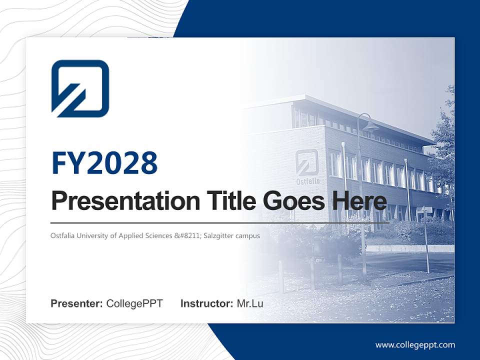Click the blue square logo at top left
(80, 88)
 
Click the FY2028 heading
(104, 163)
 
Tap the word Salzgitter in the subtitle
(223, 235)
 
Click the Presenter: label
(77, 303)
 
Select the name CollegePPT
(134, 303)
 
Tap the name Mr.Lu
(250, 303)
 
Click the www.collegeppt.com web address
(415, 345)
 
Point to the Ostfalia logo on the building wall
(306, 161)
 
